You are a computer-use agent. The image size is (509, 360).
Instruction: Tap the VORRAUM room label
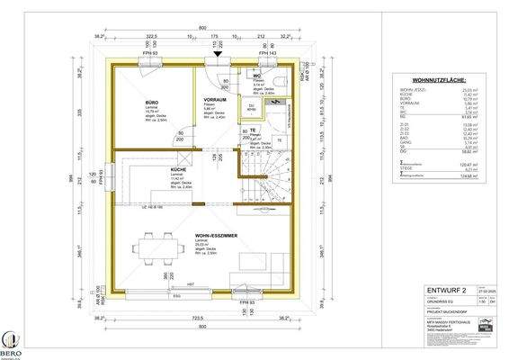click(x=214, y=99)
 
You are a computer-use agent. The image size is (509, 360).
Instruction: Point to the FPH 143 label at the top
click(x=268, y=53)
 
